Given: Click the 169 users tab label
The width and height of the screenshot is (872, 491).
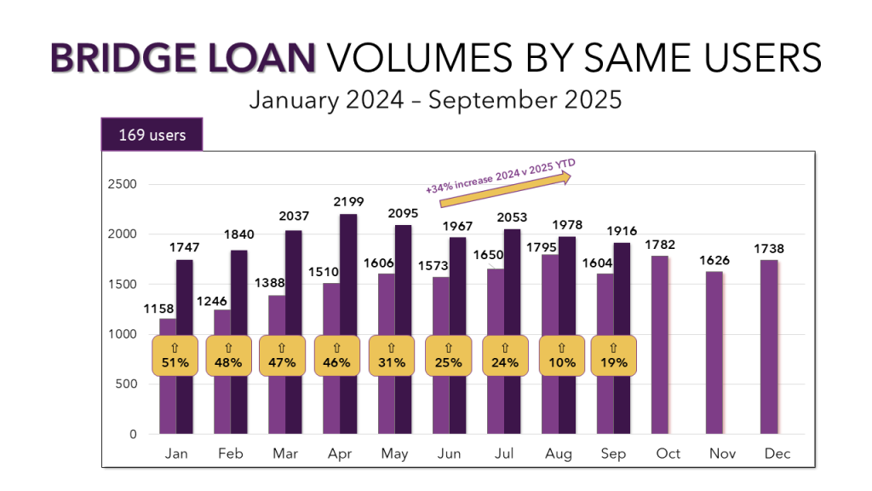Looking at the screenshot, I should coord(152,135).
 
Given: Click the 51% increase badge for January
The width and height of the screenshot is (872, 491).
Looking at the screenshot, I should coord(175,355).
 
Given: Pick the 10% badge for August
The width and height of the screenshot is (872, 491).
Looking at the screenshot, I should coord(561,355).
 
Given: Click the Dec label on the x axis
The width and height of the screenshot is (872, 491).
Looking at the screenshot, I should coord(777,453).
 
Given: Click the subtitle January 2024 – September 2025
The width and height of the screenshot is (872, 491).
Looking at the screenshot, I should coord(435,100).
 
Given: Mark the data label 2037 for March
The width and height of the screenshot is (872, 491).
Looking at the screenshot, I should coord(295,216).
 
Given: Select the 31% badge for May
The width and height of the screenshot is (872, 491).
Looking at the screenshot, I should coord(391,355).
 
